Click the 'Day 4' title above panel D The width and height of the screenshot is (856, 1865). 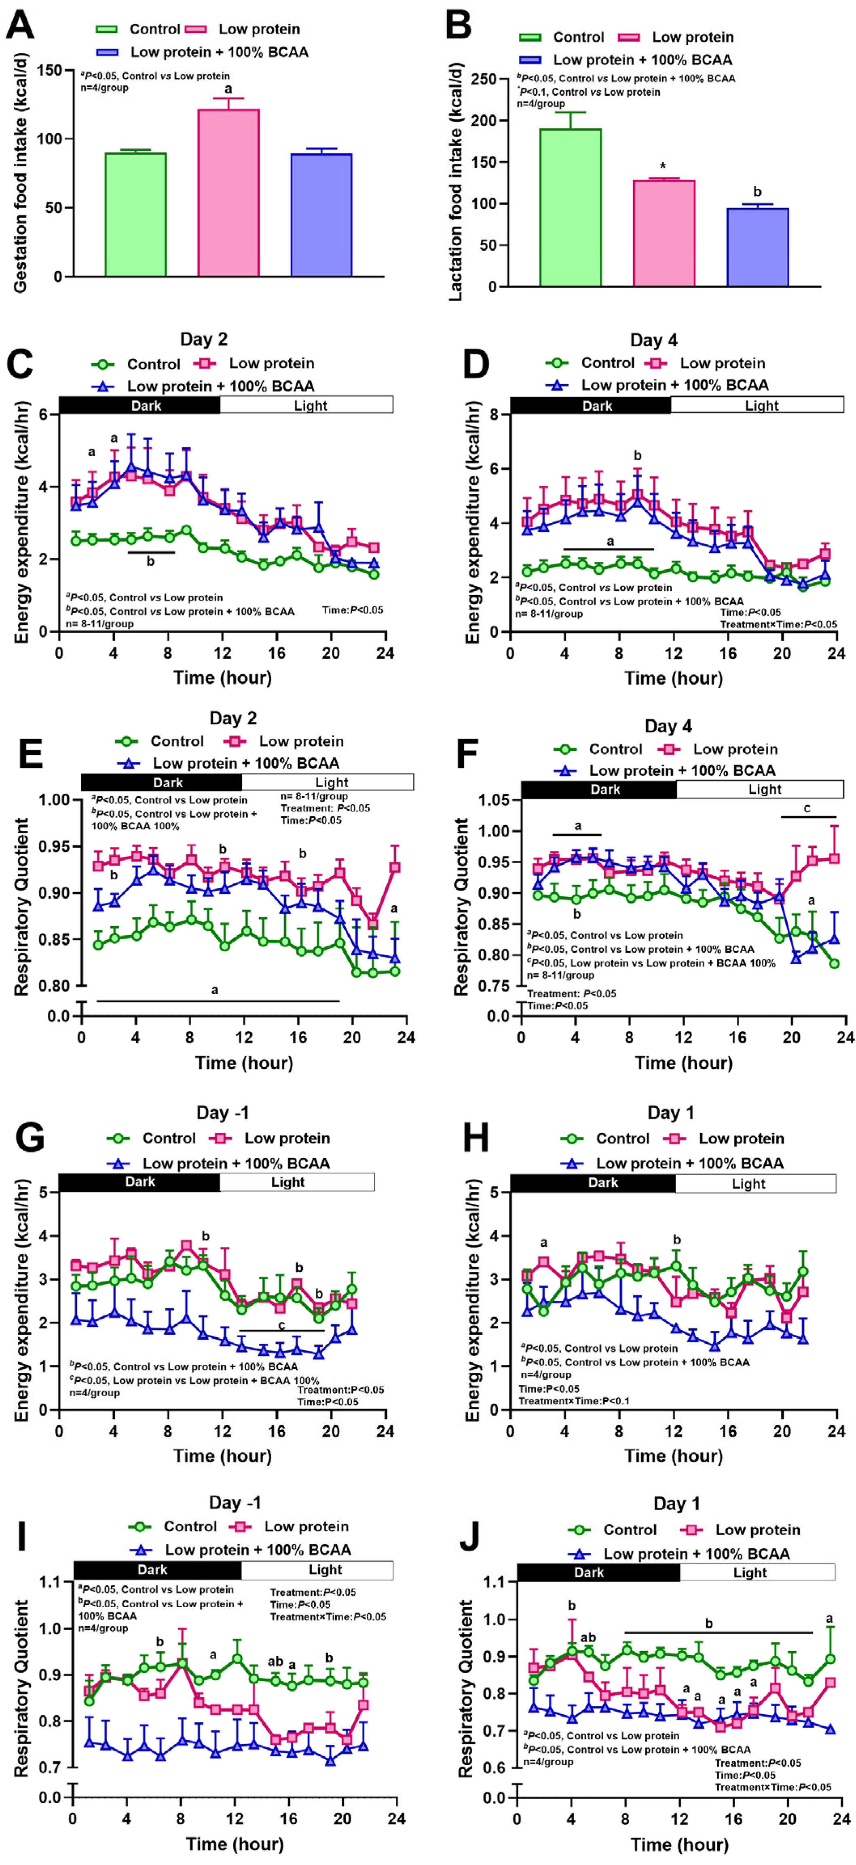(x=654, y=340)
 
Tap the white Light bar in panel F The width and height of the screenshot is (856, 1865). (x=764, y=789)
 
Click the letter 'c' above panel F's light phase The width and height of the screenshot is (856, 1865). (x=807, y=808)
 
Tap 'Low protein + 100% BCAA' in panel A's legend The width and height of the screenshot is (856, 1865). (x=219, y=52)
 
